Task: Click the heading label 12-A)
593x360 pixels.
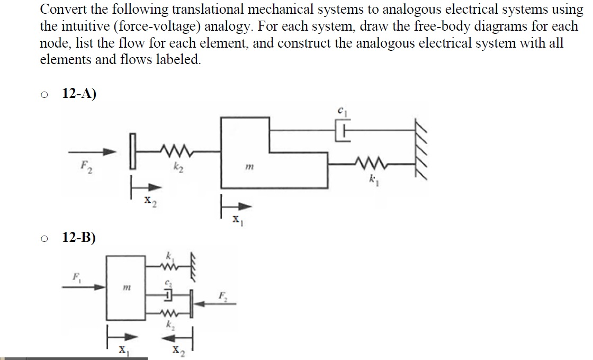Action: coord(79,93)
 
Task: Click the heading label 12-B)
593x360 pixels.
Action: coord(79,237)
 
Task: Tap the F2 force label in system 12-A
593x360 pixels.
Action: coord(86,167)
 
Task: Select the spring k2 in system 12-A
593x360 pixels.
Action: coord(177,150)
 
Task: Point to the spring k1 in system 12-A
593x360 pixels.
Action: coord(371,163)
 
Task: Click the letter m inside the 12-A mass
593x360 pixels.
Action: coord(249,166)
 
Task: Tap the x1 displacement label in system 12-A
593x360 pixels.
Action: coord(237,220)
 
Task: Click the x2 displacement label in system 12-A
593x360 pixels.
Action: coord(150,201)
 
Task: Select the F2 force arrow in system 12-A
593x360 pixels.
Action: coord(92,152)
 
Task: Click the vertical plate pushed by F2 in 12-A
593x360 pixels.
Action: coord(132,150)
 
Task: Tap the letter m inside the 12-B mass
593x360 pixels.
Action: coord(127,288)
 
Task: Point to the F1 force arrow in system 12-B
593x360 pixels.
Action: coord(84,287)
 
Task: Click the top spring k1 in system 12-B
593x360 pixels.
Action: coord(167,267)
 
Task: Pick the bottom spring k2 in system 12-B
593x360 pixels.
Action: coord(167,313)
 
